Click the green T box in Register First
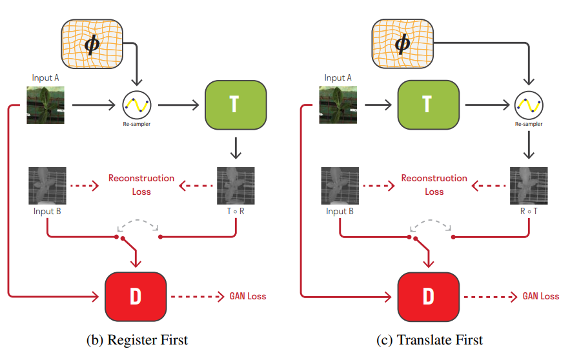pyautogui.click(x=235, y=105)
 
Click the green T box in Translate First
pyautogui.click(x=427, y=105)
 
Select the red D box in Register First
pyautogui.click(x=136, y=296)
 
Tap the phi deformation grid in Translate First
pyautogui.click(x=402, y=44)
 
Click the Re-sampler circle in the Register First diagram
pyautogui.click(x=137, y=104)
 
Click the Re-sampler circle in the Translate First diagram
pyautogui.click(x=529, y=104)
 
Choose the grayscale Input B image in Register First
pyautogui.click(x=47, y=186)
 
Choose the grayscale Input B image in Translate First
pyautogui.click(x=340, y=186)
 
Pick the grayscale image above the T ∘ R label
pyautogui.click(x=236, y=186)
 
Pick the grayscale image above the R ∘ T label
pyautogui.click(x=529, y=186)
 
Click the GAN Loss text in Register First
pyautogui.click(x=248, y=296)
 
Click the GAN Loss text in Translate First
pyautogui.click(x=541, y=296)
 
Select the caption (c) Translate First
pyautogui.click(x=430, y=340)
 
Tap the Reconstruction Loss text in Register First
pyautogui.click(x=141, y=185)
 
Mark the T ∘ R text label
pyautogui.click(x=236, y=212)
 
